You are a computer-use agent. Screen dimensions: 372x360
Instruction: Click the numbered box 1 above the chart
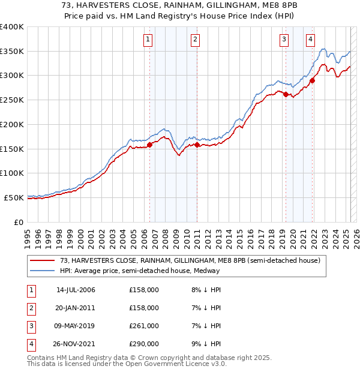click(x=148, y=40)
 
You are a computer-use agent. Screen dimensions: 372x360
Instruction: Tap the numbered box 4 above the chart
click(x=310, y=40)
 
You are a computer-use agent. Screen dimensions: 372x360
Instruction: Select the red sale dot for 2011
click(x=197, y=145)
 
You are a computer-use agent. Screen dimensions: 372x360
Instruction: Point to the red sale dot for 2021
click(x=313, y=80)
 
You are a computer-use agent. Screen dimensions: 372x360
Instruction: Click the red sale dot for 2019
click(x=286, y=94)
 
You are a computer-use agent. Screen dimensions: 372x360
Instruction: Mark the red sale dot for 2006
click(x=149, y=145)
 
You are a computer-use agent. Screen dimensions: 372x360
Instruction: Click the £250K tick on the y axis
click(x=12, y=100)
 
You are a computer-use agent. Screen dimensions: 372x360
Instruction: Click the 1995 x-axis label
click(x=28, y=234)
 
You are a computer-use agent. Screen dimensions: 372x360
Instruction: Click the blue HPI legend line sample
click(x=43, y=271)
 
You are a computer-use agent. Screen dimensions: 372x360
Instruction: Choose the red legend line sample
click(x=43, y=260)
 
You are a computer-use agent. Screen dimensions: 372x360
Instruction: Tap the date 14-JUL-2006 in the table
click(x=76, y=290)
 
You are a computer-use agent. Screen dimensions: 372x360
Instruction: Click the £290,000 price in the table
click(x=144, y=344)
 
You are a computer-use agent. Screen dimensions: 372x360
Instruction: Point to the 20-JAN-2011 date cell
click(x=76, y=308)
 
